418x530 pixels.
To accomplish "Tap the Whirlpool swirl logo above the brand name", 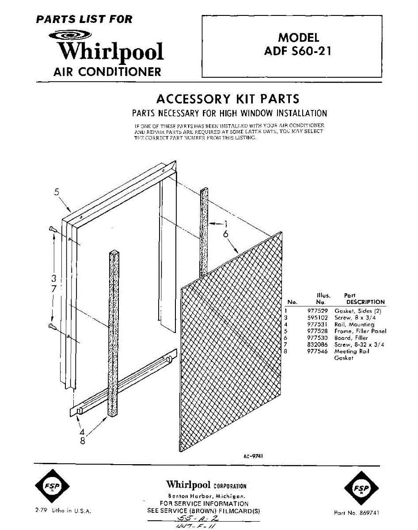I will (71, 36).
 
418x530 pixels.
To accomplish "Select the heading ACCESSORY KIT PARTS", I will (228, 98).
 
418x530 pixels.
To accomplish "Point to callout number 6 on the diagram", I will (225, 235).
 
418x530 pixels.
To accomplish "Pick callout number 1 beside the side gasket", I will (226, 224).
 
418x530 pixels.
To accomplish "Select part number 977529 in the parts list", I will (316, 311).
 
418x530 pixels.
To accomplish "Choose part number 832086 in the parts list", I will (316, 344).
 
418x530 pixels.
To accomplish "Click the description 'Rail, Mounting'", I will (354, 324).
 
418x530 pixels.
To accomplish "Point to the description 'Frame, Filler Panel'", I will (361, 331).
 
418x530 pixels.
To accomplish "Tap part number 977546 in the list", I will (316, 352).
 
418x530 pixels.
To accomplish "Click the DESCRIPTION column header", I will (365, 302).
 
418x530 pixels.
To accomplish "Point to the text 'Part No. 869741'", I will (357, 513).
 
